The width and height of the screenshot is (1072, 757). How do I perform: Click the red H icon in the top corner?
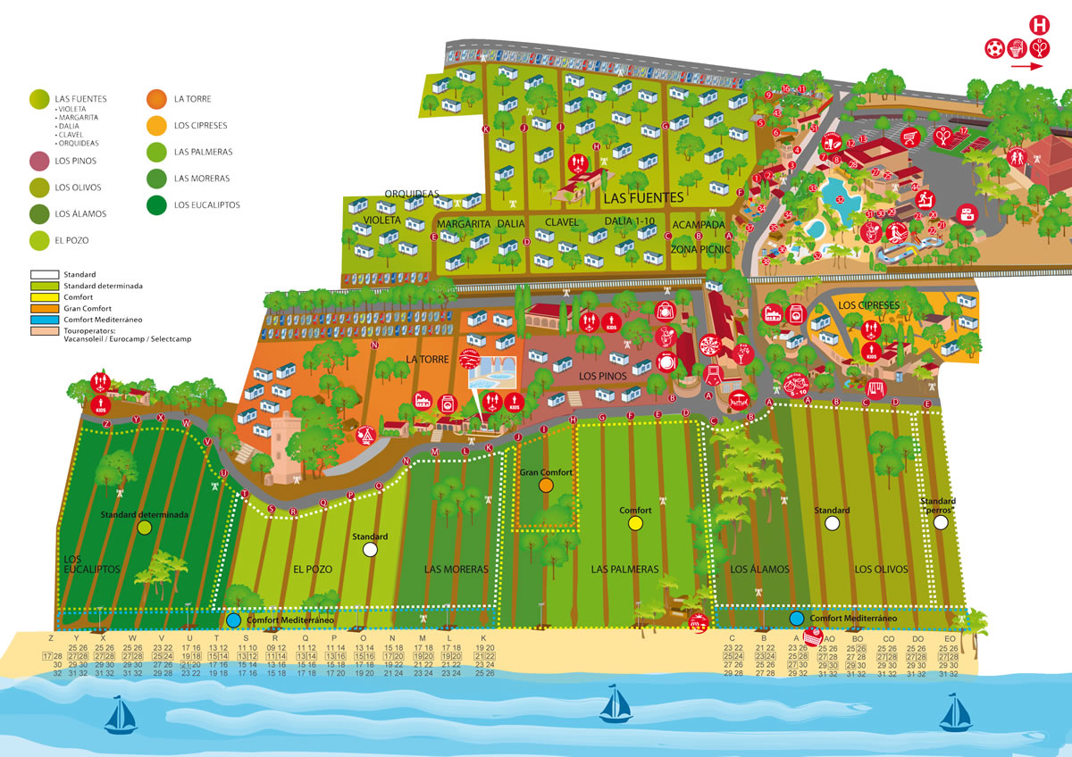click(x=1039, y=25)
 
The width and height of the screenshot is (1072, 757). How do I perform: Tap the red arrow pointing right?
click(x=1028, y=66)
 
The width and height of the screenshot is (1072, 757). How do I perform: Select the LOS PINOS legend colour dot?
click(x=38, y=162)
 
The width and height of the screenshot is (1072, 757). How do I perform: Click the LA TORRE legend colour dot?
click(x=158, y=99)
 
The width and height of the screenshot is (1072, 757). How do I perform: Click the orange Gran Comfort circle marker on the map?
click(x=547, y=486)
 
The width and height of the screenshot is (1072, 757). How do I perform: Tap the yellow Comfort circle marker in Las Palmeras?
click(x=635, y=525)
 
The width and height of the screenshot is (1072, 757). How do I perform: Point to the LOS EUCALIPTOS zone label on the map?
click(x=92, y=563)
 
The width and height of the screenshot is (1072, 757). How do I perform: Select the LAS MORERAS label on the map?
click(x=456, y=569)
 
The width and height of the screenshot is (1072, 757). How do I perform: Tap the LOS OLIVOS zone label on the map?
click(x=881, y=569)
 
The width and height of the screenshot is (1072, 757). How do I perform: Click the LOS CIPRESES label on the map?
click(x=869, y=305)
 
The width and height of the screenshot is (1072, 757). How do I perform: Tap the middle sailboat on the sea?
click(x=616, y=703)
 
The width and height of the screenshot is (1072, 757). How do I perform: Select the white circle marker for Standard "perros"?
click(x=940, y=523)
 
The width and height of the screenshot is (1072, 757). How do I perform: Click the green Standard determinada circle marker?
click(x=145, y=528)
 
